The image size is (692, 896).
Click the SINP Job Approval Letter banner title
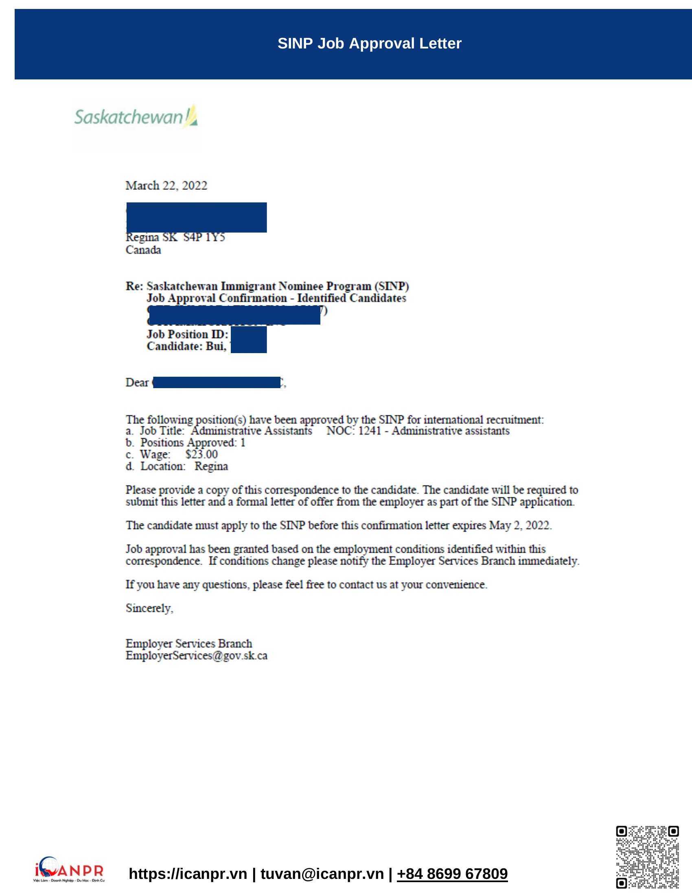click(x=369, y=44)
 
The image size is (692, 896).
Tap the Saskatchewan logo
click(x=136, y=117)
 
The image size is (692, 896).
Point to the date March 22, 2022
click(x=166, y=186)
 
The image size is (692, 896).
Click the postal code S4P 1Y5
click(x=204, y=237)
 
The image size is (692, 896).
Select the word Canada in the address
click(x=143, y=250)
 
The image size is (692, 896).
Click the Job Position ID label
click(x=187, y=335)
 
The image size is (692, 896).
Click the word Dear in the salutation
click(x=137, y=383)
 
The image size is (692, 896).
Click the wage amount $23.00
click(x=201, y=455)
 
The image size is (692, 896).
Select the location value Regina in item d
click(x=211, y=466)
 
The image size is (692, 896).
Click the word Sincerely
click(x=149, y=608)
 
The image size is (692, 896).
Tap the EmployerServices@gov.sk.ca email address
click(x=196, y=656)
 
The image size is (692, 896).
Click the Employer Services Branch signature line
click(x=188, y=643)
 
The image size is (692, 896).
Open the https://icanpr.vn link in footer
click(x=188, y=874)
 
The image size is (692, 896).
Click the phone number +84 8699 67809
click(x=452, y=874)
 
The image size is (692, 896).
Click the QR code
click(x=647, y=857)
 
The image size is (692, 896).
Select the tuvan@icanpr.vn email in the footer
click(x=322, y=874)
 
